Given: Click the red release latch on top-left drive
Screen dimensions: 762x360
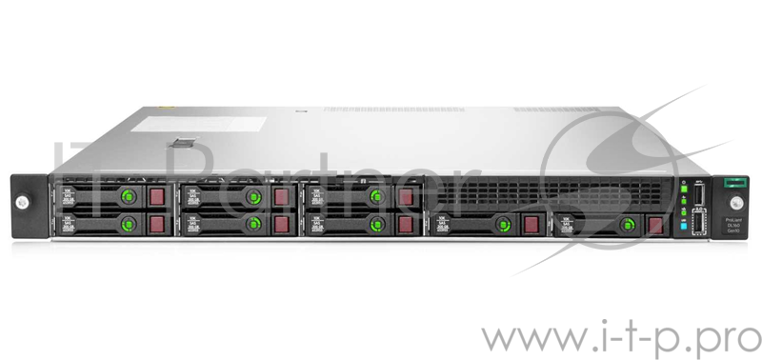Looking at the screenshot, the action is (x=156, y=196).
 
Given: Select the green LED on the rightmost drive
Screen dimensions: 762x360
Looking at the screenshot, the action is (x=627, y=224).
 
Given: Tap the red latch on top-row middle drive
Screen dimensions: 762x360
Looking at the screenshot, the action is (x=280, y=196).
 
